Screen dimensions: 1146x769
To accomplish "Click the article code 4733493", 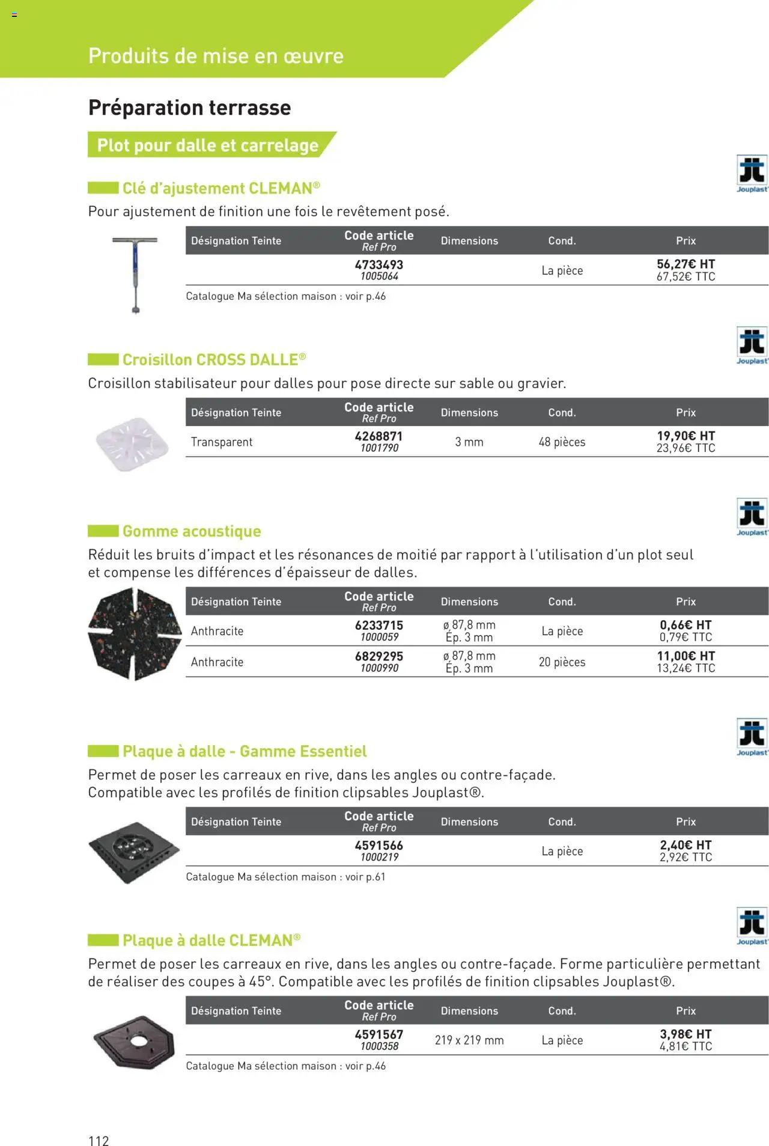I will pos(378,264).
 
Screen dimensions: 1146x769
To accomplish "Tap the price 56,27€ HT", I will pos(685,264).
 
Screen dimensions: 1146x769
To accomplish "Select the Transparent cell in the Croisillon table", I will pos(222,442).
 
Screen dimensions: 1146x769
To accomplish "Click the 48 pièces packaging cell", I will pos(562,442).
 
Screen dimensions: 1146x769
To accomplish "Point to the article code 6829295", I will pos(378,656).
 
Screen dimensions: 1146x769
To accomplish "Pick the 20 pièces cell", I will pos(562,662).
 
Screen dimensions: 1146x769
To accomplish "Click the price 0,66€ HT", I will pos(685,625).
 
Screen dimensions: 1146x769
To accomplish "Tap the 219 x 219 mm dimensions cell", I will pos(469,1040).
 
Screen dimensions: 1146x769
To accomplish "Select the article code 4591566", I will pos(378,845).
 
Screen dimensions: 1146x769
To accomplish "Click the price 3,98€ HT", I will pos(685,1034).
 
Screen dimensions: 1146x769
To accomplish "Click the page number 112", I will pos(99,1140).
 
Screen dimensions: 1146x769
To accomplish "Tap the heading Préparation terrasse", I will pos(189,108).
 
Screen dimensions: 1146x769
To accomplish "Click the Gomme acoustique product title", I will pos(192,531).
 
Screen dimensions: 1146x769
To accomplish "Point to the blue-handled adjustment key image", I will pos(135,273).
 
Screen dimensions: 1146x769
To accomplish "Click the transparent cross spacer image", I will pos(132,443).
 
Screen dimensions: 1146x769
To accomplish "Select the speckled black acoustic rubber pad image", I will pos(135,634).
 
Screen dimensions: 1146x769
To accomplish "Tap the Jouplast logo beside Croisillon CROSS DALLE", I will pos(752,345).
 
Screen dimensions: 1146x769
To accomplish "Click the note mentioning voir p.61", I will pos(285,877).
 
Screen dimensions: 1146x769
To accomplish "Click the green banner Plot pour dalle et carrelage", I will pos(208,145).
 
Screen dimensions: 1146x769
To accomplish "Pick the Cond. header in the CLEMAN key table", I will pos(562,240).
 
